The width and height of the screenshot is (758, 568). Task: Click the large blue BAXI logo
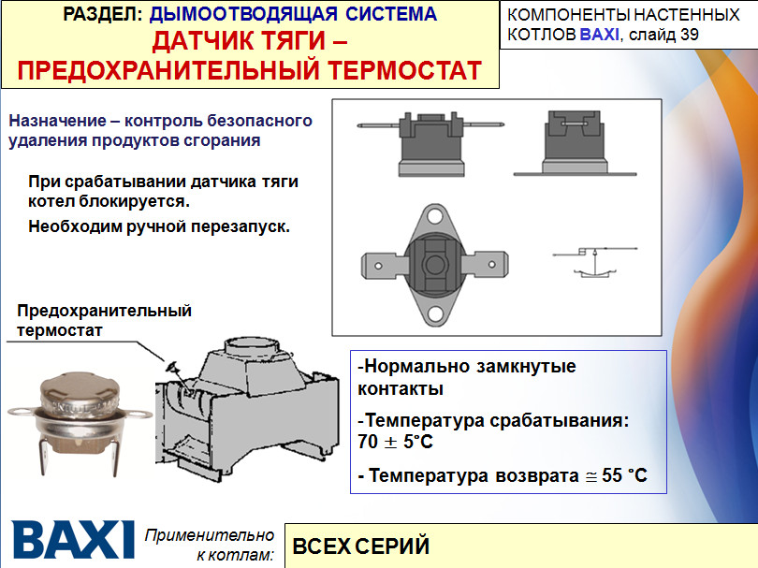click(x=72, y=539)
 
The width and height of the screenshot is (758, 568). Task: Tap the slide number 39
click(x=690, y=35)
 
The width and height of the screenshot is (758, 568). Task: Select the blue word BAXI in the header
click(x=599, y=35)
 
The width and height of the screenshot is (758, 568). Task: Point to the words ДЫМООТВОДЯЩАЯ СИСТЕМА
click(x=293, y=14)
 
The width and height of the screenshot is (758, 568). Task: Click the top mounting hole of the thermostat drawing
click(x=434, y=215)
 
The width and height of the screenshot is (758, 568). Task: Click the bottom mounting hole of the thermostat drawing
click(x=434, y=314)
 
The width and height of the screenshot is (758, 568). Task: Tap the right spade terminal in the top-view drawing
click(x=485, y=265)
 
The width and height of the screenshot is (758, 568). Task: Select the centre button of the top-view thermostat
click(x=434, y=265)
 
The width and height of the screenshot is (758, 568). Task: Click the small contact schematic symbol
click(x=595, y=261)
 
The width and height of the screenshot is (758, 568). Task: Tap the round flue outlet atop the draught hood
click(x=252, y=346)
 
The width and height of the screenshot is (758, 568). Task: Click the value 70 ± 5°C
click(x=396, y=442)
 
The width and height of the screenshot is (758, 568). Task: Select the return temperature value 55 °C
click(x=624, y=475)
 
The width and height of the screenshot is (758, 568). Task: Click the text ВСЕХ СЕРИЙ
click(x=361, y=546)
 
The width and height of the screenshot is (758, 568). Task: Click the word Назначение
click(x=57, y=121)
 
